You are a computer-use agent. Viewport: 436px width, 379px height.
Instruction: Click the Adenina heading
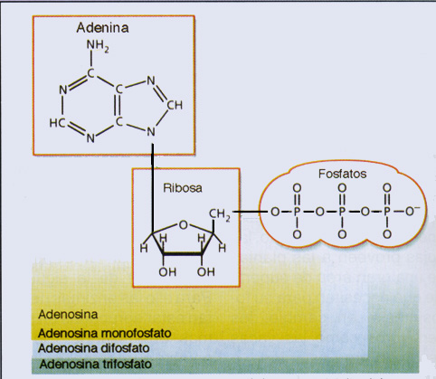[x=102, y=28]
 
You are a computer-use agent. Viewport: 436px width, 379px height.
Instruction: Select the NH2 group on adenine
[x=98, y=46]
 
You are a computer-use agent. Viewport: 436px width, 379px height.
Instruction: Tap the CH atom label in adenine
[x=175, y=105]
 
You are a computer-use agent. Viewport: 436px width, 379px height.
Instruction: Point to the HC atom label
[x=57, y=123]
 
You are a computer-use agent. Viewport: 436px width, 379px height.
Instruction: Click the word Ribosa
[x=183, y=188]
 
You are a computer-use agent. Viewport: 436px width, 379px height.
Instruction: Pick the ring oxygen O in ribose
[x=184, y=225]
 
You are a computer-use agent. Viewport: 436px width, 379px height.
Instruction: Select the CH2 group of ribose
[x=220, y=214]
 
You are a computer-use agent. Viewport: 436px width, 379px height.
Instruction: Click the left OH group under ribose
[x=167, y=272]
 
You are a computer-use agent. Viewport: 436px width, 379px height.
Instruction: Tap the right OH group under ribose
[x=206, y=272]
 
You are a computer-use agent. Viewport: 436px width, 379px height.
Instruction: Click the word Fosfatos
[x=343, y=174]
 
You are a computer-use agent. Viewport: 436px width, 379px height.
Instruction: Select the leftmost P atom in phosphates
[x=297, y=212]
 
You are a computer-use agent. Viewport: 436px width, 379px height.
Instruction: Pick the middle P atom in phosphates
[x=342, y=212]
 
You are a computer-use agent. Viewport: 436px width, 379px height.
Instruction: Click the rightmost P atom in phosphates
[x=387, y=212]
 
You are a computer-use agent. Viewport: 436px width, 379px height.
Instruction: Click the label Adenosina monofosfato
[x=105, y=334]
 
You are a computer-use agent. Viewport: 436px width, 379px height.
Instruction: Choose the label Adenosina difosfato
[x=94, y=348]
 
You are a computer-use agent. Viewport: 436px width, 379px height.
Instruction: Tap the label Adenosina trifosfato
[x=95, y=365]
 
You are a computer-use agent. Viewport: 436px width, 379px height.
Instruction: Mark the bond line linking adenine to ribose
[x=153, y=188]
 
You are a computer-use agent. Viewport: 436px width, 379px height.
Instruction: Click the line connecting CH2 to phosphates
[x=250, y=212]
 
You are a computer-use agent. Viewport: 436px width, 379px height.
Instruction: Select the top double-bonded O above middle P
[x=342, y=188]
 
